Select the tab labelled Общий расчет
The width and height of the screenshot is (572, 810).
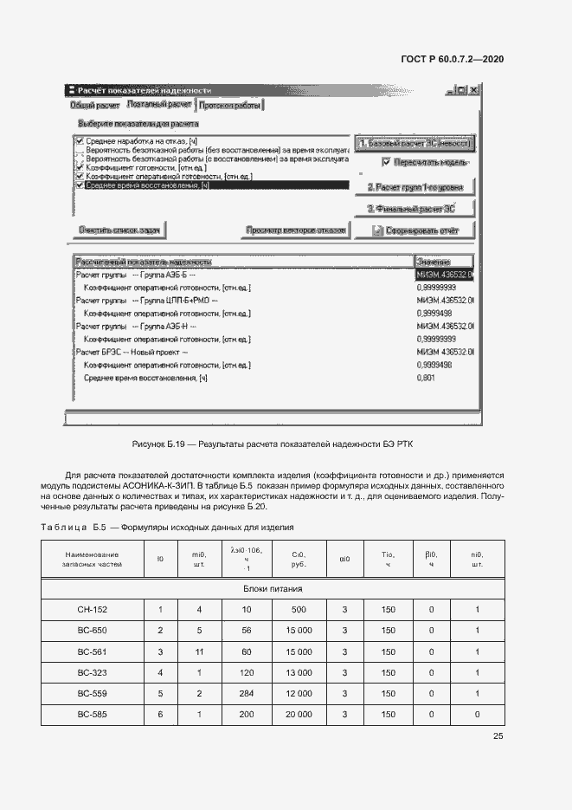coord(94,105)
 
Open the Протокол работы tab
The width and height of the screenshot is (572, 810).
coord(229,105)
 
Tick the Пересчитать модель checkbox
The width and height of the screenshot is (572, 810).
coord(386,161)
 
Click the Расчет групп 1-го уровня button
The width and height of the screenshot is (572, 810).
coord(415,186)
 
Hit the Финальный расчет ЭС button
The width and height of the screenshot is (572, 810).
coord(415,208)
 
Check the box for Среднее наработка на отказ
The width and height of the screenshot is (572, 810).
coord(80,140)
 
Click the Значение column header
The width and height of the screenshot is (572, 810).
coord(444,262)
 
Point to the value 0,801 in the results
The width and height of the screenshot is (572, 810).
coord(426,378)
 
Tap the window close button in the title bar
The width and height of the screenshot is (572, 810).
coord(474,90)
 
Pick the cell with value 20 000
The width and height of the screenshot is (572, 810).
coord(299,715)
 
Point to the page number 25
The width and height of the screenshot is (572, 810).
coord(498,736)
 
